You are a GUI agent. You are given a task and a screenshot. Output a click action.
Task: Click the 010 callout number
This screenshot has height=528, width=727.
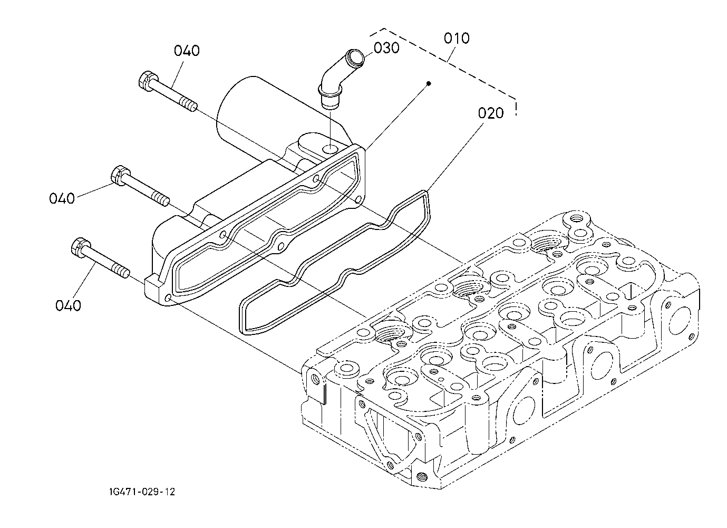tap(457, 39)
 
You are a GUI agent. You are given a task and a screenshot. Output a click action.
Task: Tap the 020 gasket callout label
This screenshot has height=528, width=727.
tap(491, 113)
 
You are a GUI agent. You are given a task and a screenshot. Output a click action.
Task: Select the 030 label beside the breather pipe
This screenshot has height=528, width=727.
tap(386, 48)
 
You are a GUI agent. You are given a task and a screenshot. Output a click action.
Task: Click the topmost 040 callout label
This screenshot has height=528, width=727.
tap(187, 51)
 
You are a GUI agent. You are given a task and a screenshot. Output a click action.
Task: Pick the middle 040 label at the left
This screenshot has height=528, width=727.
tap(62, 198)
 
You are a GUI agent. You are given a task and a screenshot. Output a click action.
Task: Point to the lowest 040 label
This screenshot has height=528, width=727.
tap(68, 306)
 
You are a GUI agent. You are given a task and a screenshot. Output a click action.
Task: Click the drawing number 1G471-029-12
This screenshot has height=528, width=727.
tap(142, 492)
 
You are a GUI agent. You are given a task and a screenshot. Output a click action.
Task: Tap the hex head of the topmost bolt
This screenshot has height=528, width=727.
tap(148, 81)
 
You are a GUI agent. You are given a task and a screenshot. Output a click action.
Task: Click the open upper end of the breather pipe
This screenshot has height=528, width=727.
tap(354, 57)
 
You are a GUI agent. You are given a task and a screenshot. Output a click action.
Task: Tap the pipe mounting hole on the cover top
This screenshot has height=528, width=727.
tap(331, 149)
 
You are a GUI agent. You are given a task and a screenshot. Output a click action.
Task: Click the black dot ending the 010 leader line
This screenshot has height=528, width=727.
tap(429, 84)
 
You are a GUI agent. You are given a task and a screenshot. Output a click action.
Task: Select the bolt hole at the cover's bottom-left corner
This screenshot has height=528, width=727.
tap(168, 298)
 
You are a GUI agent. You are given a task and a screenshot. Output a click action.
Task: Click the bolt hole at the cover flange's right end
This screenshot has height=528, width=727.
tap(358, 199)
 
